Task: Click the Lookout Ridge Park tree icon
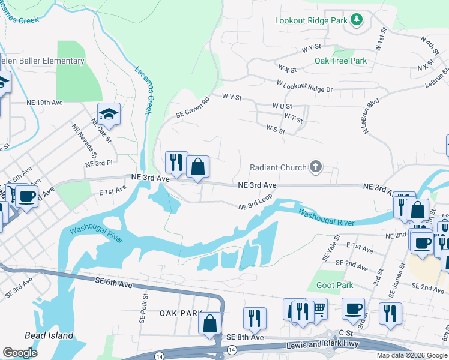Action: click(x=357, y=20)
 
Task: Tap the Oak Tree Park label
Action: click(x=340, y=61)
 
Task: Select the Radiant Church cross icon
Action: click(x=316, y=167)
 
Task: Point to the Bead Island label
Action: click(x=49, y=335)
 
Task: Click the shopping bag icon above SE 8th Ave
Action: click(x=210, y=323)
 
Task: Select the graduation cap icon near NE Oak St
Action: click(x=109, y=113)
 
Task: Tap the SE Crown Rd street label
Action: click(x=191, y=107)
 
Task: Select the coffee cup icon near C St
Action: click(x=353, y=308)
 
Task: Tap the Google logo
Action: click(x=20, y=353)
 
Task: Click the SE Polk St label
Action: click(x=145, y=304)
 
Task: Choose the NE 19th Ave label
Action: click(x=44, y=103)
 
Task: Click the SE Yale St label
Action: click(x=327, y=247)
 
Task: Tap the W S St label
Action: click(x=275, y=129)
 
